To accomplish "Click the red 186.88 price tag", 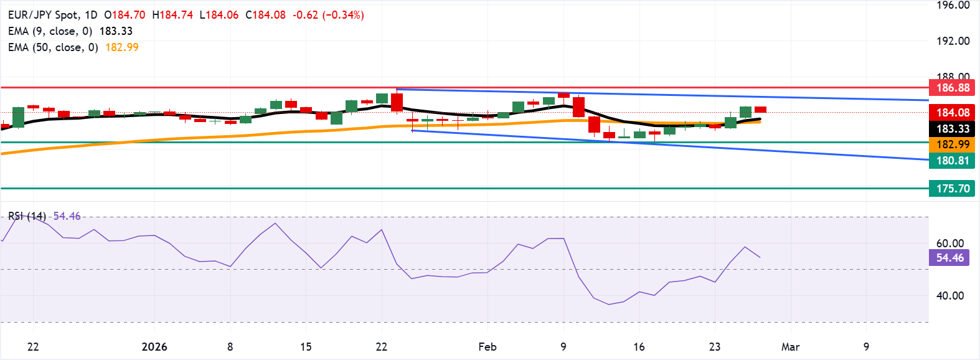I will (x=953, y=88).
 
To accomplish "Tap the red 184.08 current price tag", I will (x=953, y=113).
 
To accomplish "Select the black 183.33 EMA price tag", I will (x=953, y=129).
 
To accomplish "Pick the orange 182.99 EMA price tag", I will (x=953, y=144).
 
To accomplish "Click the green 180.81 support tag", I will (x=953, y=161).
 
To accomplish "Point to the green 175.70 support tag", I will (x=953, y=189).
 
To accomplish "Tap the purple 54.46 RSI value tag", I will (x=949, y=258).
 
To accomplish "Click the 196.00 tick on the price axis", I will (x=953, y=6).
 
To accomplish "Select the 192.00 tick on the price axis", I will (x=953, y=41).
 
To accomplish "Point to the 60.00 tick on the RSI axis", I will (x=949, y=244).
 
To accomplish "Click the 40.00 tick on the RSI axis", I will (x=949, y=296).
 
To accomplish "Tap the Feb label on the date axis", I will (x=488, y=347).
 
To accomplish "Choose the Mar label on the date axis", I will (x=790, y=347).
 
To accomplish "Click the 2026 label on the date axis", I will (x=154, y=347).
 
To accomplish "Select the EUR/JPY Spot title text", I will (x=44, y=15).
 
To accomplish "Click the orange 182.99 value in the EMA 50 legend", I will (x=122, y=47).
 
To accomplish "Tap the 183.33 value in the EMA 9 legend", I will (x=116, y=31).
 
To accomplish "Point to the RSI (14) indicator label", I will (x=27, y=216).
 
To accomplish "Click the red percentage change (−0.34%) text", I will (x=343, y=15).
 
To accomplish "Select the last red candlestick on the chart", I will (x=760, y=110).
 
